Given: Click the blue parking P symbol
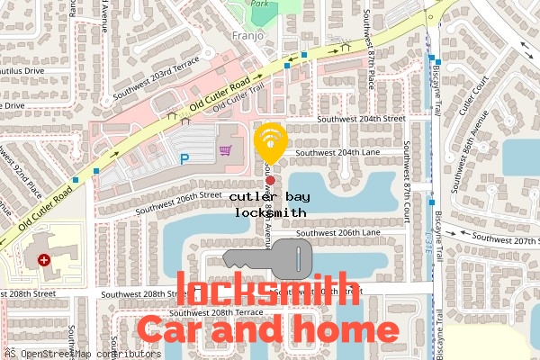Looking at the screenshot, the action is pyautogui.click(x=185, y=159).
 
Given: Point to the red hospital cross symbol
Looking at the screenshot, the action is pyautogui.click(x=44, y=260).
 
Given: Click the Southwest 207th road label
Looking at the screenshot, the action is pyautogui.click(x=503, y=239).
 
